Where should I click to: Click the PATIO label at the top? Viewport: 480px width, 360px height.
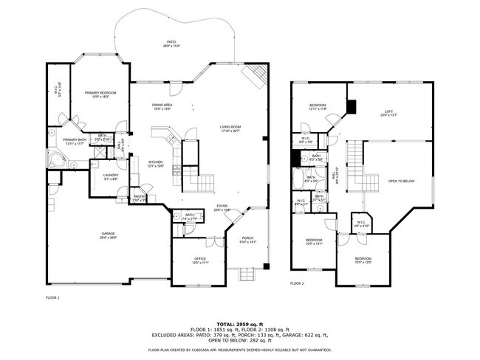pyautogui.click(x=171, y=43)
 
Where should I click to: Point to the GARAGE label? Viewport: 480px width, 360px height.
pyautogui.click(x=108, y=235)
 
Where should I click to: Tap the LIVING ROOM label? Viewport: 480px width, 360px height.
pyautogui.click(x=230, y=128)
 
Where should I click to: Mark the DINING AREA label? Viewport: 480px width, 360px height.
pyautogui.click(x=162, y=105)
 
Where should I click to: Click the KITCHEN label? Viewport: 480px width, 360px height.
pyautogui.click(x=155, y=162)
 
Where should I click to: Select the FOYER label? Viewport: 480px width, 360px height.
pyautogui.click(x=222, y=207)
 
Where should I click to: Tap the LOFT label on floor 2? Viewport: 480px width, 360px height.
pyautogui.click(x=388, y=112)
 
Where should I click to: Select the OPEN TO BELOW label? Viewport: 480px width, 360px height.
pyautogui.click(x=401, y=181)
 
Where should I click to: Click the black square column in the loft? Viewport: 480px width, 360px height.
pyautogui.click(x=351, y=108)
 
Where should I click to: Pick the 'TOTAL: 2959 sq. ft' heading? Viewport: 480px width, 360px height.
pyautogui.click(x=239, y=323)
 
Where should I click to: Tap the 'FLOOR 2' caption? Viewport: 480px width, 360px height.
pyautogui.click(x=297, y=283)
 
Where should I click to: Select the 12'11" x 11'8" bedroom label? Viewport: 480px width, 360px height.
pyautogui.click(x=318, y=107)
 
